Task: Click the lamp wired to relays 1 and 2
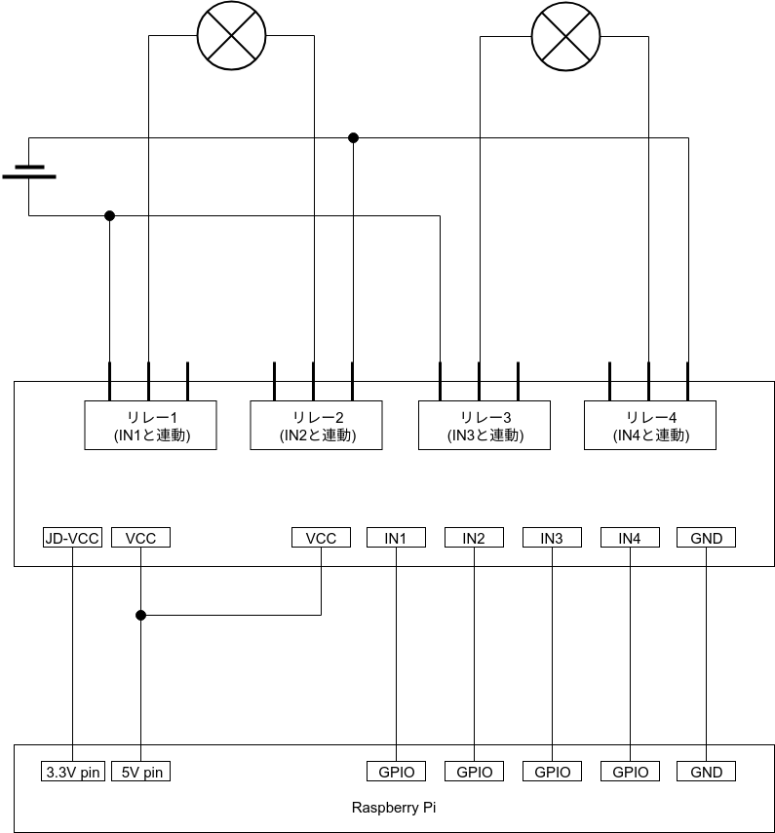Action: point(232,36)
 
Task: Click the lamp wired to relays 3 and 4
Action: point(563,36)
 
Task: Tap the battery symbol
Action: point(29,172)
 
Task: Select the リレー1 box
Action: point(150,425)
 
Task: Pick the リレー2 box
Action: point(317,425)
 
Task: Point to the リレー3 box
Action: point(484,425)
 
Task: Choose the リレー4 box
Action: point(650,425)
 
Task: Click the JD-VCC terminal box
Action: point(73,538)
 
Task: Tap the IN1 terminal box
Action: point(396,538)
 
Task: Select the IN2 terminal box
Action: point(474,538)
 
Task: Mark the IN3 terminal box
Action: point(552,538)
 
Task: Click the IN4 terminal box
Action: point(630,538)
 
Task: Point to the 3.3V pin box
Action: point(73,772)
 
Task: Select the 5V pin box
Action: point(141,772)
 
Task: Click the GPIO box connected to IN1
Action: point(396,772)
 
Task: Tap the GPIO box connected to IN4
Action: point(630,772)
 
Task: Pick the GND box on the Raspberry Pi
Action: point(706,772)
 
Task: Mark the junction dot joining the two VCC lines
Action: point(141,615)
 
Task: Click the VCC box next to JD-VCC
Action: point(141,538)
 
